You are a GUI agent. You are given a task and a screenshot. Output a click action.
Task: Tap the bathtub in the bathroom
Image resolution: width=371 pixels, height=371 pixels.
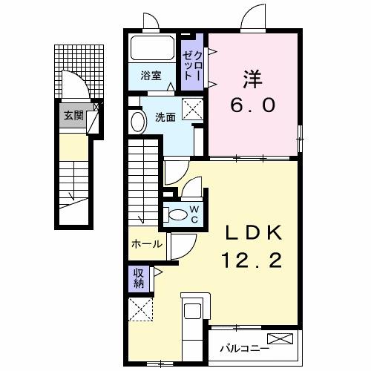[x=153, y=50]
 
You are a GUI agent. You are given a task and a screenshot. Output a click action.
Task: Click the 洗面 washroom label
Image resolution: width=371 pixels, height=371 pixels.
[x=165, y=116]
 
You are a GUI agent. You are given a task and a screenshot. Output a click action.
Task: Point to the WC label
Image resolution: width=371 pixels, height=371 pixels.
[x=192, y=215]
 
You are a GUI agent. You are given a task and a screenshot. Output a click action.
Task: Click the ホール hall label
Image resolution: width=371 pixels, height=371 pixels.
[x=146, y=243]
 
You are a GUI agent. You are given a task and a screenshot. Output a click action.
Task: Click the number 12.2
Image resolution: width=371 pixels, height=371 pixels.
[x=250, y=261]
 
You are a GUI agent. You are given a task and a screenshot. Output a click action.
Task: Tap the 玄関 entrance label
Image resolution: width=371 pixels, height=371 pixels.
[x=73, y=115]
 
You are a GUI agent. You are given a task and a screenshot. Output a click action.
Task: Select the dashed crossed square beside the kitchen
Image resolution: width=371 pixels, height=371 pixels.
[x=140, y=309]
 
